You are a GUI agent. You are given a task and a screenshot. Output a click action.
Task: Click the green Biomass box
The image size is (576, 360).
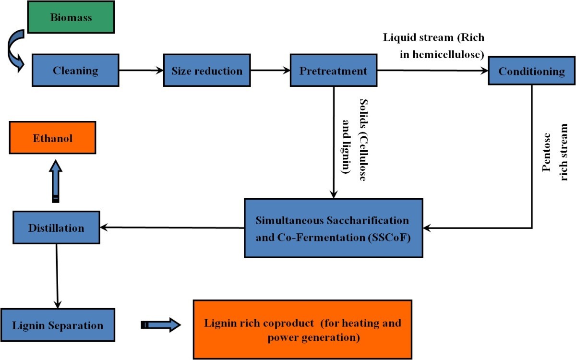tap(71, 17)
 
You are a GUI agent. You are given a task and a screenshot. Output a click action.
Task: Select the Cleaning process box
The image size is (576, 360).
tap(75, 71)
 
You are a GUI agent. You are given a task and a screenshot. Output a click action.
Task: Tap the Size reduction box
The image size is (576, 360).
tap(207, 71)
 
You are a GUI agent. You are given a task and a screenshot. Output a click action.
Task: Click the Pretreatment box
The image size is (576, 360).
tap(333, 71)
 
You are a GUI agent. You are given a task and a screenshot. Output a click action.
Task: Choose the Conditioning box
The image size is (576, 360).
tap(531, 72)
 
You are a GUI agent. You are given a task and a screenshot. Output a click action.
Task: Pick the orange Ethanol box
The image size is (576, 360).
tap(53, 138)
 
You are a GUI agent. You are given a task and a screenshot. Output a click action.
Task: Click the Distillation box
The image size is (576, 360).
tap(56, 227)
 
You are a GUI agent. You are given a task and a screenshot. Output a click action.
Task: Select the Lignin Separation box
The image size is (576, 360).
tap(58, 325)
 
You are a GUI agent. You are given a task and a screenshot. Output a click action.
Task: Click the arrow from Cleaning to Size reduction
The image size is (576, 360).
tap(141, 71)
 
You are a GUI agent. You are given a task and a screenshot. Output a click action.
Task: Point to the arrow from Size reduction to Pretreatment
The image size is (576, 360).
tap(270, 71)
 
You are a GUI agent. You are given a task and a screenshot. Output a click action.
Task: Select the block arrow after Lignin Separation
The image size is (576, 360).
tap(161, 325)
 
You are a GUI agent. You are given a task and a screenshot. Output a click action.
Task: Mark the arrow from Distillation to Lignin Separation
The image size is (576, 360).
tap(57, 276)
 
